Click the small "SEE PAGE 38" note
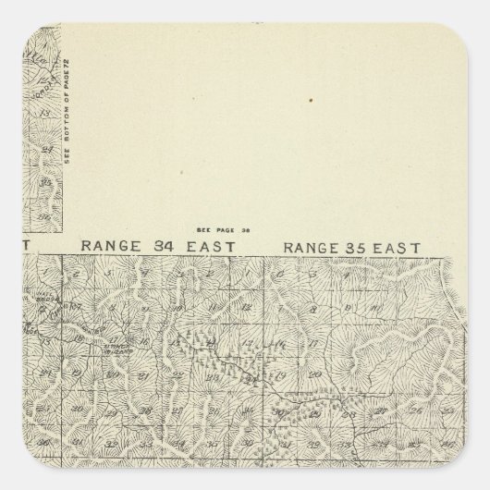pyautogui.click(x=218, y=227)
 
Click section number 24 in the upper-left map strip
pyautogui.click(x=41, y=145)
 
